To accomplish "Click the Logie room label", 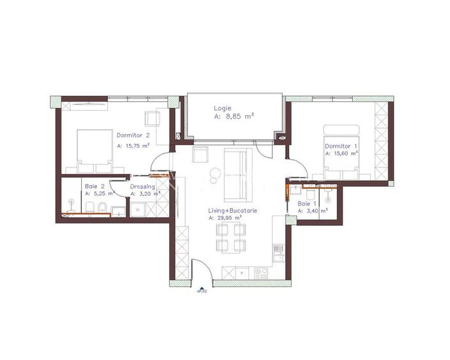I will (x=223, y=108).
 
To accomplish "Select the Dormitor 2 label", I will (x=133, y=135).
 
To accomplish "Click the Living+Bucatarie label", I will (x=233, y=210).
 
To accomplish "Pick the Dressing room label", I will (x=143, y=187).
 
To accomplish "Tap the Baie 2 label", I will (x=94, y=186).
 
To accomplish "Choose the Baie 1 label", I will (x=307, y=203).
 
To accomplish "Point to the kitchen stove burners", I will (x=261, y=272).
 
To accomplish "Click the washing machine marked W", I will (x=136, y=208).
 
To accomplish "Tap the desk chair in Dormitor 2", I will (x=153, y=118).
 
